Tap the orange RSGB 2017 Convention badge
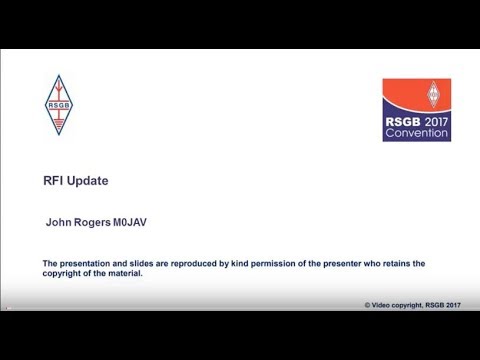pos(416,110)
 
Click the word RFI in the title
pos(57,181)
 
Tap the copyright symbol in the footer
pos(369,304)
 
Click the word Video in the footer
pos(384,304)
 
